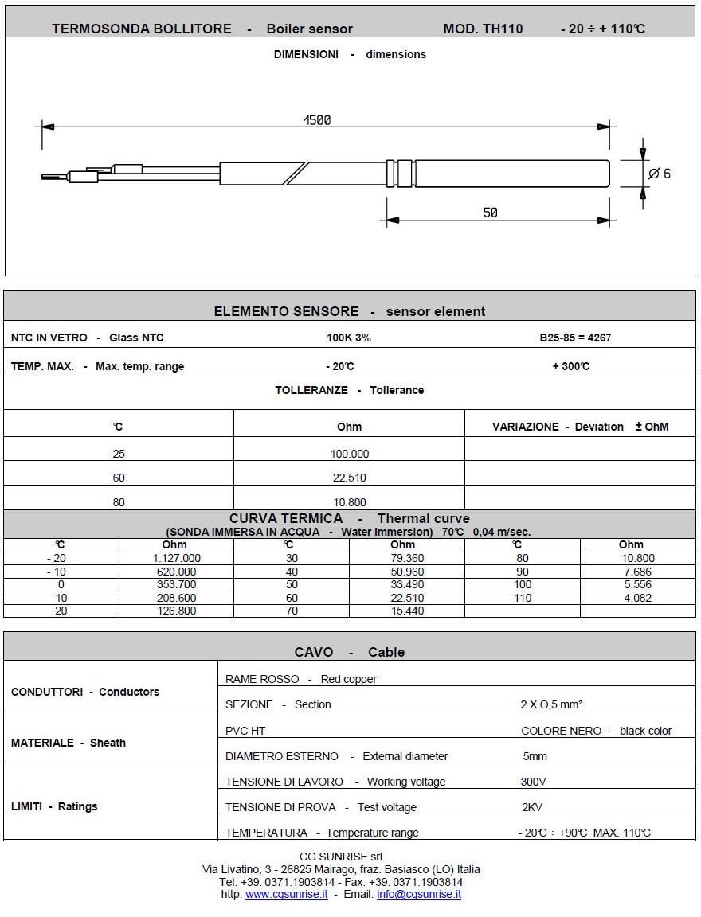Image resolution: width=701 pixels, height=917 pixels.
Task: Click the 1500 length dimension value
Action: tap(317, 120)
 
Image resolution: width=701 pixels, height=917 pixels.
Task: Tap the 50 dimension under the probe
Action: tap(490, 213)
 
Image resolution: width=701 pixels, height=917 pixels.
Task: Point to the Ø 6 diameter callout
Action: tap(660, 174)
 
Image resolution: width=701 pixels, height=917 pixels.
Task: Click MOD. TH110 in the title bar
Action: tap(483, 29)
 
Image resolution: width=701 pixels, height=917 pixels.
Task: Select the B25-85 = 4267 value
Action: tap(575, 338)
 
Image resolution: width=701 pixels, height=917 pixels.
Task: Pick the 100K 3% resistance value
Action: tap(349, 338)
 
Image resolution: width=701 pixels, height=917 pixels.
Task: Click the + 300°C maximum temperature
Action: tap(570, 366)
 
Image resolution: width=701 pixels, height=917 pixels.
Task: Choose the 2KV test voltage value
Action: tap(531, 807)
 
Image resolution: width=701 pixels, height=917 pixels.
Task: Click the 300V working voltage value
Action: tap(533, 782)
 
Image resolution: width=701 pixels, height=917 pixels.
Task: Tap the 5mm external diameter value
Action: tap(535, 756)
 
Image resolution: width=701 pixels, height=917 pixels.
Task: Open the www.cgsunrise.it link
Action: tap(286, 894)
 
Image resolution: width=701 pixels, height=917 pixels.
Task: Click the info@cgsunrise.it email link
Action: tap(419, 894)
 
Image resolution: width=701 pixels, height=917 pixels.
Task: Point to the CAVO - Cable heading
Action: tap(349, 652)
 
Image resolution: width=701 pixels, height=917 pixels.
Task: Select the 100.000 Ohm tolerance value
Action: tap(349, 454)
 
